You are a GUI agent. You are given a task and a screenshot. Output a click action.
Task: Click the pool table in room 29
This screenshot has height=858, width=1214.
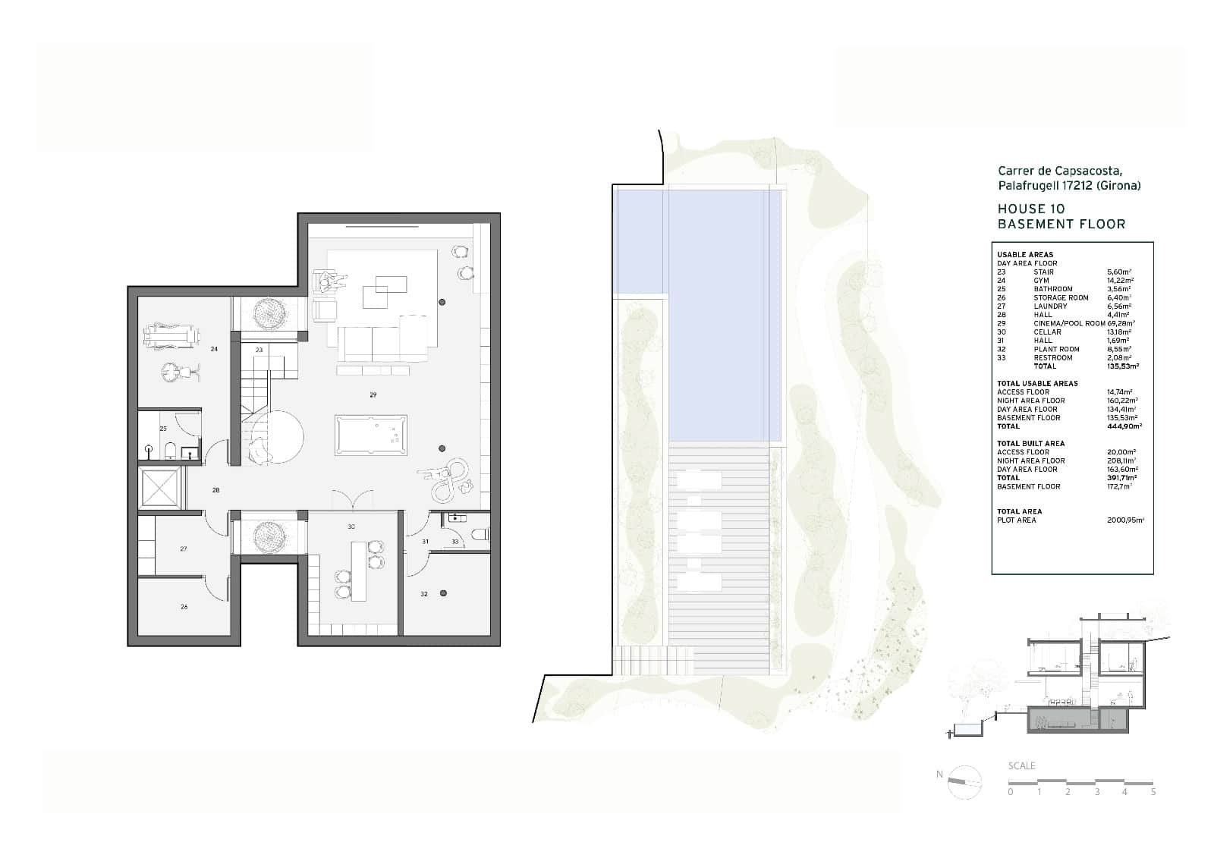[371, 435]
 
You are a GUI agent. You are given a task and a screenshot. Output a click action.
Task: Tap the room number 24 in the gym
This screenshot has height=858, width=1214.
[215, 349]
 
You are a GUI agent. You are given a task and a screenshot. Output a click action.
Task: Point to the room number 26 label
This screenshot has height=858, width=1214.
[184, 607]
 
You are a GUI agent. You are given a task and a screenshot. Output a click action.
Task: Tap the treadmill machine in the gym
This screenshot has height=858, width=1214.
[172, 333]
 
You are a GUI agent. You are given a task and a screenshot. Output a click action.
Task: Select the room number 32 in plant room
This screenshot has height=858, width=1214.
[424, 594]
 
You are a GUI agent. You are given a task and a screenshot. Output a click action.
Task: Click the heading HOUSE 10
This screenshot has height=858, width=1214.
[1030, 209]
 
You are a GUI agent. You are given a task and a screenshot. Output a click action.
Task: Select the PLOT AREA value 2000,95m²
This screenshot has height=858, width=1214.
[1126, 520]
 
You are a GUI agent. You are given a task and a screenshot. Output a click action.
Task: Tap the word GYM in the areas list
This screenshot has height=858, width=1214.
[1041, 281]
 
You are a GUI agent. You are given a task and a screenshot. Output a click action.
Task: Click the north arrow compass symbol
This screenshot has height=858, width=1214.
[964, 782]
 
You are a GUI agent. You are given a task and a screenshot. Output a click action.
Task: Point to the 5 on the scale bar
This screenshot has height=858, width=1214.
[1153, 792]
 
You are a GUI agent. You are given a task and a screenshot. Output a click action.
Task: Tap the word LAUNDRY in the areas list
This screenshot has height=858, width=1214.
[1050, 306]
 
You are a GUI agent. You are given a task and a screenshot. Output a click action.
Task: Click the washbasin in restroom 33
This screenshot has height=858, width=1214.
[455, 518]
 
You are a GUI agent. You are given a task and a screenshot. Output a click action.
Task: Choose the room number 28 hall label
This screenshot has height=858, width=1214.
[215, 491]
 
